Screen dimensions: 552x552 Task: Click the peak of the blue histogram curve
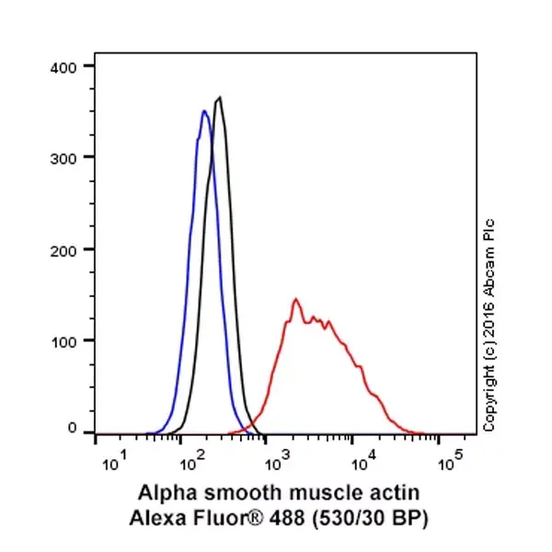(204, 111)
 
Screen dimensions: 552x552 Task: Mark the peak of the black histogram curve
(219, 98)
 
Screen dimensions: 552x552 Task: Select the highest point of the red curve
(295, 299)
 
